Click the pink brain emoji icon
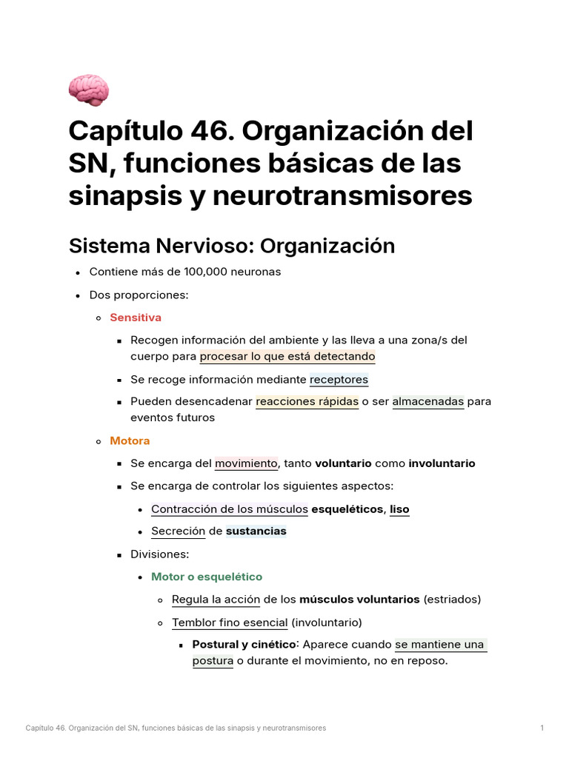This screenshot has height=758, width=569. pyautogui.click(x=89, y=90)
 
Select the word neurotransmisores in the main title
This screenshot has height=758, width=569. pyautogui.click(x=342, y=195)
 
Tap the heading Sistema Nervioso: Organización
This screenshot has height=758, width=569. pyautogui.click(x=231, y=245)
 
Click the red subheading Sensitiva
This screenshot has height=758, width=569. pyautogui.click(x=136, y=318)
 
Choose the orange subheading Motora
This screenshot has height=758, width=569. pyautogui.click(x=130, y=440)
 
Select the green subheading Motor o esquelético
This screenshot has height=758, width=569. pyautogui.click(x=207, y=577)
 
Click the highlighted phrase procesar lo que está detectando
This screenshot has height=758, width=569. pyautogui.click(x=287, y=356)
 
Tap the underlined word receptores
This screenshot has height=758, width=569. pyautogui.click(x=339, y=379)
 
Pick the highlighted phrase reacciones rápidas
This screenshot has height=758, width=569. pyautogui.click(x=307, y=402)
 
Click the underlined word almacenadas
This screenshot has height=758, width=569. pyautogui.click(x=427, y=402)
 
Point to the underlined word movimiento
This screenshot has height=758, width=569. pyautogui.click(x=246, y=463)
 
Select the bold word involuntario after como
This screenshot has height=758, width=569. pyautogui.click(x=442, y=463)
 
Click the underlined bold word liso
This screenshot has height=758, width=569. pyautogui.click(x=399, y=509)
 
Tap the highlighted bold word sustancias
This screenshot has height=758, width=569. pyautogui.click(x=256, y=531)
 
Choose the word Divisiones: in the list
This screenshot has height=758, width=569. pyautogui.click(x=160, y=554)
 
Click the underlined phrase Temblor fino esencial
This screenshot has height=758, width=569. pyautogui.click(x=230, y=623)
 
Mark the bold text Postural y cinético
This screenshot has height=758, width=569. pyautogui.click(x=244, y=645)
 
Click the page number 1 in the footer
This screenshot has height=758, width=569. pyautogui.click(x=542, y=728)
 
